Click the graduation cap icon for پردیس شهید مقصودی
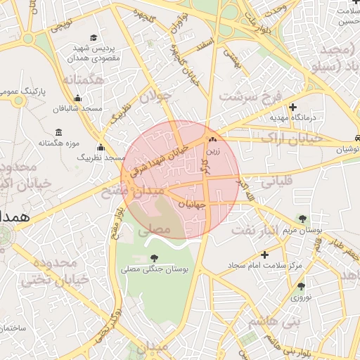94,38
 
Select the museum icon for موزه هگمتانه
58,132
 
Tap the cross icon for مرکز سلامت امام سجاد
264,255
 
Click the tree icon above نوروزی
302,286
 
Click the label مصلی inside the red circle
154,229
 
